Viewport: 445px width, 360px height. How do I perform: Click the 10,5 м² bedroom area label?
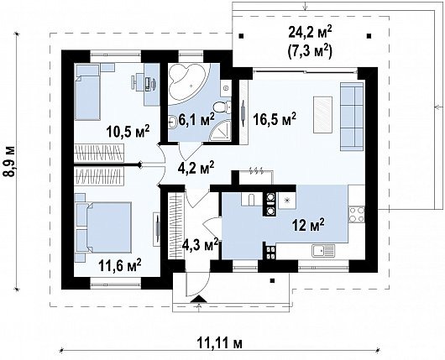[x=128, y=131]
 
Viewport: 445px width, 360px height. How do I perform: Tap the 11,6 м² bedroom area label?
[x=119, y=265]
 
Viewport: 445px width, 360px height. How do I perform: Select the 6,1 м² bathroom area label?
[x=196, y=120]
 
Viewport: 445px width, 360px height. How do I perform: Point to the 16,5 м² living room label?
[x=275, y=119]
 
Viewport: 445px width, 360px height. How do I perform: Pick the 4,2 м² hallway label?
[x=196, y=167]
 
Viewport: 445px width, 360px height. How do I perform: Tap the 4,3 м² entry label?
[x=201, y=244]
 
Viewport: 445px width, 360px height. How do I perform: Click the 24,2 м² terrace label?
[x=310, y=33]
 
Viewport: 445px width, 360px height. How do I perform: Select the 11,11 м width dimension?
[x=220, y=343]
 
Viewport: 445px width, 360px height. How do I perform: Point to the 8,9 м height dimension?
[x=9, y=162]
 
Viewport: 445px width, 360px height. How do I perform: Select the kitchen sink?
[x=323, y=251]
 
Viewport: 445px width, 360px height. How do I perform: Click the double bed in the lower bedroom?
[x=104, y=227]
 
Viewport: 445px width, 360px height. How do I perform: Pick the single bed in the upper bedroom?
[x=87, y=92]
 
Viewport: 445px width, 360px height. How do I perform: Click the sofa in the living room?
[x=352, y=117]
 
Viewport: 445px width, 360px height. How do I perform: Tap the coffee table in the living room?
[x=322, y=115]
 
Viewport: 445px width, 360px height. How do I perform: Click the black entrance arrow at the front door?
[x=199, y=299]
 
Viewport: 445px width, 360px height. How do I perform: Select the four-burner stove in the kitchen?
[x=357, y=215]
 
